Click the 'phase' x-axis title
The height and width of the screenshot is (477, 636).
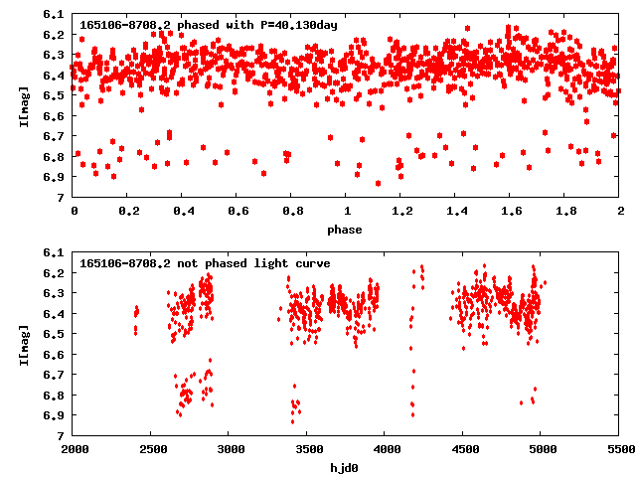point(347,230)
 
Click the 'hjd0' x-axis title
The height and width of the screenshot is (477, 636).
point(347,467)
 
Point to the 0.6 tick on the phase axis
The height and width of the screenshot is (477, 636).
point(238,212)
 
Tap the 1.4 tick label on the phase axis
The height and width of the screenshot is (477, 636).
point(456,212)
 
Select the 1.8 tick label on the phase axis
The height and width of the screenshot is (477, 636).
point(565,212)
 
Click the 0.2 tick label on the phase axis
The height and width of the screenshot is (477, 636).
point(128,212)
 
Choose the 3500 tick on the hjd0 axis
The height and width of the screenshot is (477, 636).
point(308,450)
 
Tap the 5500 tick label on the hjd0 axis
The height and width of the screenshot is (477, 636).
point(619,450)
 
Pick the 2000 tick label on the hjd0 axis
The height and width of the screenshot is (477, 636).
point(75,450)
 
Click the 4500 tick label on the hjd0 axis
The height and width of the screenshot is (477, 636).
point(463,450)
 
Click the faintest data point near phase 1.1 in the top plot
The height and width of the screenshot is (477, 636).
point(378,183)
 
